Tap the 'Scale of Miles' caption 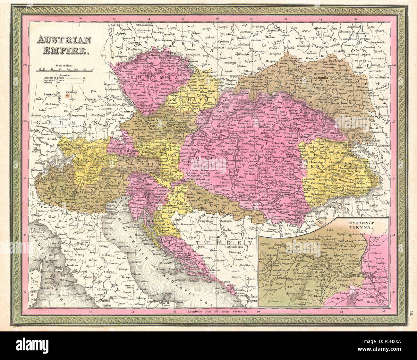click(64, 65)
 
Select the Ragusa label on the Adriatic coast click(228, 281)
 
